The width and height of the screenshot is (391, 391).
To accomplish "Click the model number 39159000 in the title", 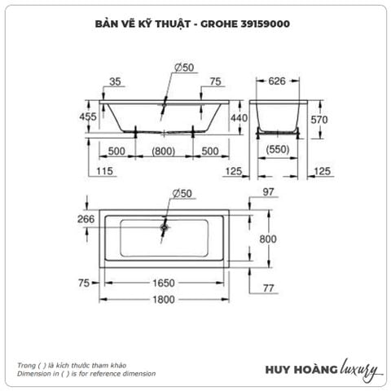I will [261, 24].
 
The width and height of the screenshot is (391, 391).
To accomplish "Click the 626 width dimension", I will [279, 81].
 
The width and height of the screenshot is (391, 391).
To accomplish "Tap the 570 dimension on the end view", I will [320, 119].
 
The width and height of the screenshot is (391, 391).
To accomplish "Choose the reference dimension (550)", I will [279, 152].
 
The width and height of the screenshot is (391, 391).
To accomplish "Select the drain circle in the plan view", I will [165, 229].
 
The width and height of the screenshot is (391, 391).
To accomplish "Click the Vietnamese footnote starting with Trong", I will [68, 365].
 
